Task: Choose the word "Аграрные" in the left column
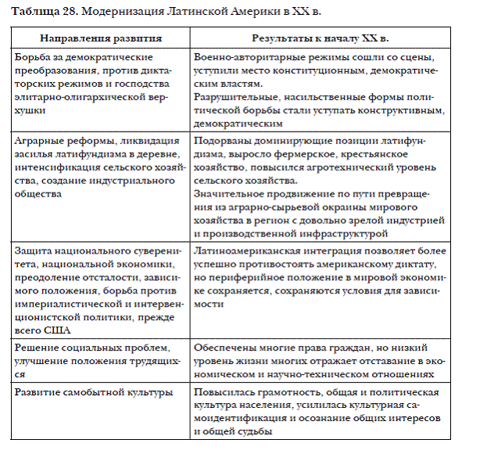(35, 138)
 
